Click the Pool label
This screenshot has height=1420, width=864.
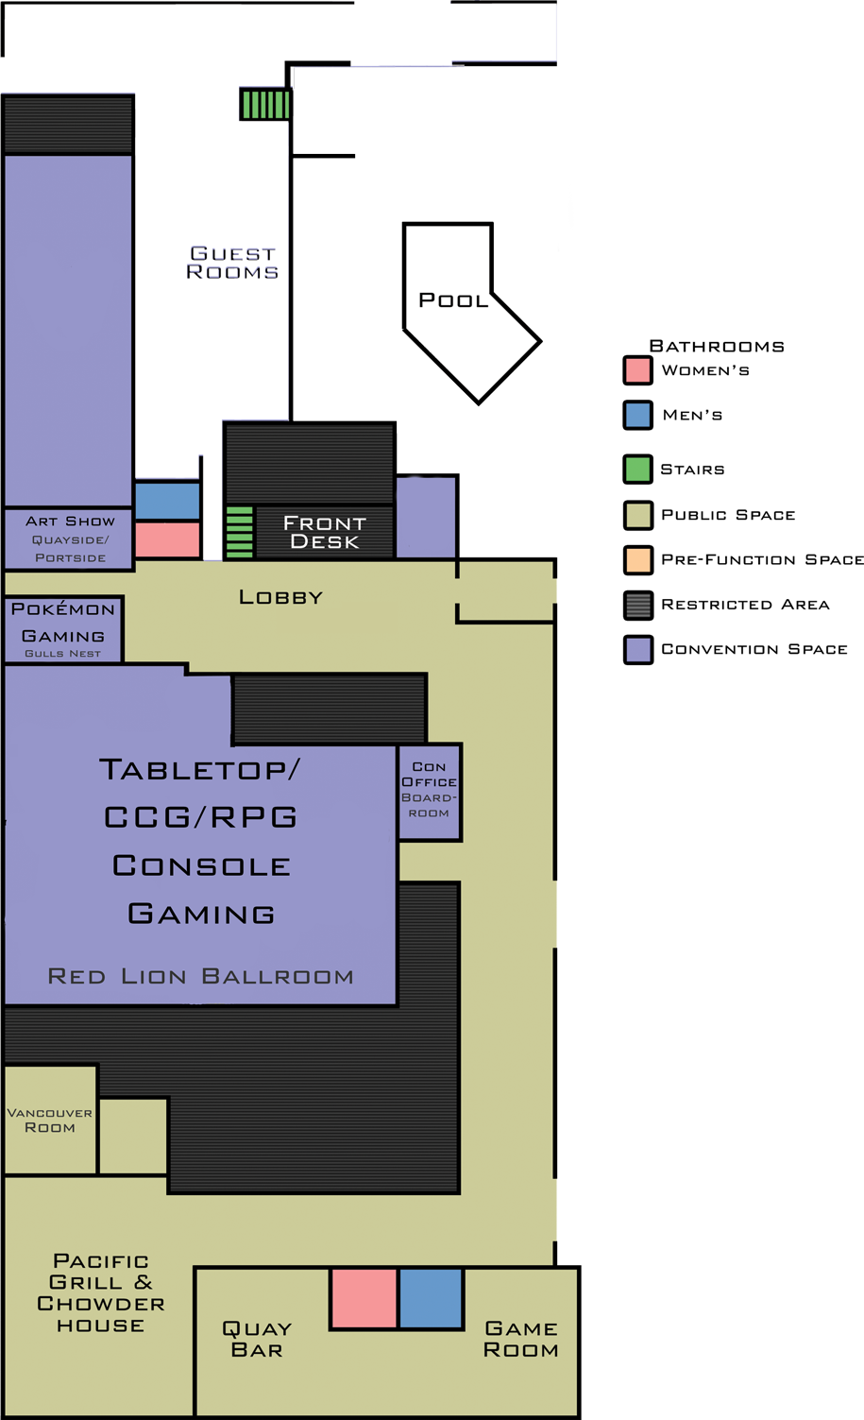(x=453, y=300)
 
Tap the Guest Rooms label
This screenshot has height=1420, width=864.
(x=232, y=263)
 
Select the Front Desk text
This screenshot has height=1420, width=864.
(x=324, y=532)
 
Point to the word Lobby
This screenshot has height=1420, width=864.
(x=280, y=597)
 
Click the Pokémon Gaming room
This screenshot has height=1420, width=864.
(x=63, y=628)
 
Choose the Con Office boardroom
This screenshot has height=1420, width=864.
(x=430, y=790)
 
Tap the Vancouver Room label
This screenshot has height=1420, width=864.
(x=50, y=1120)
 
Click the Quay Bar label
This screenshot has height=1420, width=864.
(x=257, y=1340)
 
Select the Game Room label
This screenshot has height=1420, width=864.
(x=520, y=1340)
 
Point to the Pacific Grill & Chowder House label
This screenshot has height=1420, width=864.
(x=101, y=1292)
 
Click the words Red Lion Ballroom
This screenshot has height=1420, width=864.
(x=200, y=976)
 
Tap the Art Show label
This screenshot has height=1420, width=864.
(x=70, y=522)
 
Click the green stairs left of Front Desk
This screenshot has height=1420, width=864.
(x=240, y=532)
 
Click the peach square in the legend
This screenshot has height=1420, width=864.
(x=638, y=560)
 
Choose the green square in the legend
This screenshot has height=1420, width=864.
(x=638, y=470)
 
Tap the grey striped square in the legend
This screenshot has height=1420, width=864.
(x=638, y=605)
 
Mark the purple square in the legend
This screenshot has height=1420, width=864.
(x=638, y=649)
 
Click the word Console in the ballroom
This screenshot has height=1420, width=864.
(x=201, y=865)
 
